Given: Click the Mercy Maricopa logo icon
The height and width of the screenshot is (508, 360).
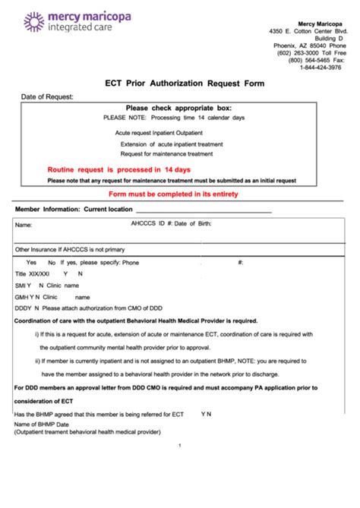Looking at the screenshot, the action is coord(33,22).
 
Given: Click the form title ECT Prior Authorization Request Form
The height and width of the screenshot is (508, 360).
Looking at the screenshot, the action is coord(185,84).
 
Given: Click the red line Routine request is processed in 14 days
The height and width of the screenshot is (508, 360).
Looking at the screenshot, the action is coord(118,169).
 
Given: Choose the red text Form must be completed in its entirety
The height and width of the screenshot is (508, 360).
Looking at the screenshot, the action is coord(185,194).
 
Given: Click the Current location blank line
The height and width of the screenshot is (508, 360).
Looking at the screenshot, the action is coord(203,210).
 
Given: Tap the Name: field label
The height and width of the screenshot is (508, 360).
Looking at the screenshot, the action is coord(24,226).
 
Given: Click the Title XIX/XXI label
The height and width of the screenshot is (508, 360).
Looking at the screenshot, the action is coord(33,273).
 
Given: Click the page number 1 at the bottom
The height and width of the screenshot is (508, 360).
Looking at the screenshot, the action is coord(179,446).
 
